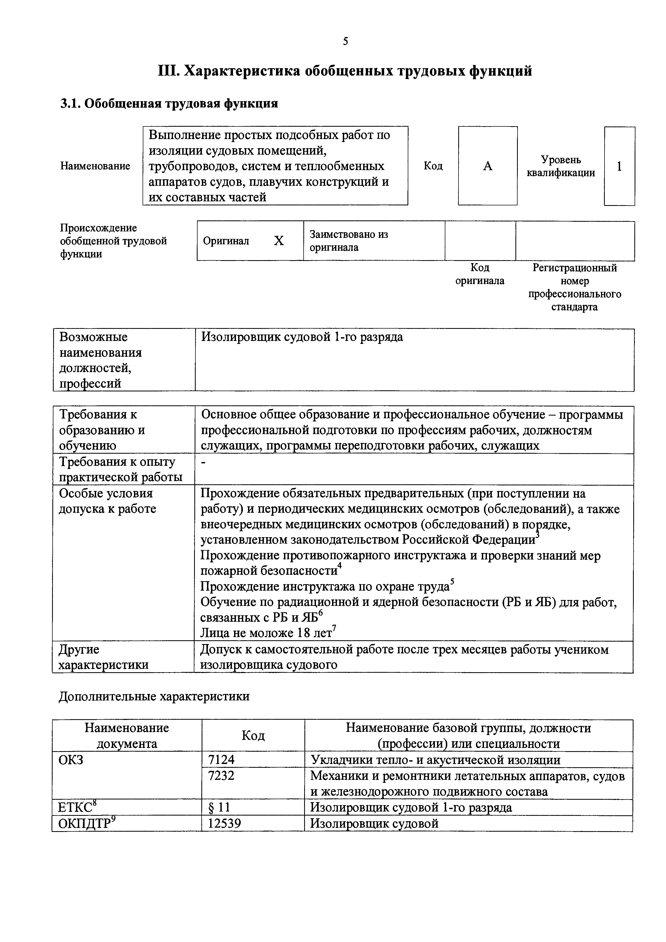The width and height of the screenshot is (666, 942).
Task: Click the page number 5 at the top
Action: (345, 41)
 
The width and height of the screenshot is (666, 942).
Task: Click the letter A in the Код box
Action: (487, 166)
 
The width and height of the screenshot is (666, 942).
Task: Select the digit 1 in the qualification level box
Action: (619, 166)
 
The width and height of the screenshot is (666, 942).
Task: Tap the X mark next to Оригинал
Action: (279, 241)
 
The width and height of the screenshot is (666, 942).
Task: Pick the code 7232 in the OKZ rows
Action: (221, 776)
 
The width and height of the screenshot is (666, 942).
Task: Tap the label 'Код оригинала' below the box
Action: (480, 274)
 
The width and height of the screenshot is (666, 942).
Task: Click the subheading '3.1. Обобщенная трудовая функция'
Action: (169, 103)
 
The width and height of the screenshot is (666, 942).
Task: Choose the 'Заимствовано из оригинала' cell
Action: (349, 241)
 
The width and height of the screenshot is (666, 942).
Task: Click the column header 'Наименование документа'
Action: (126, 736)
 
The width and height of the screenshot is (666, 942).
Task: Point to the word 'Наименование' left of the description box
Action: (95, 166)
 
